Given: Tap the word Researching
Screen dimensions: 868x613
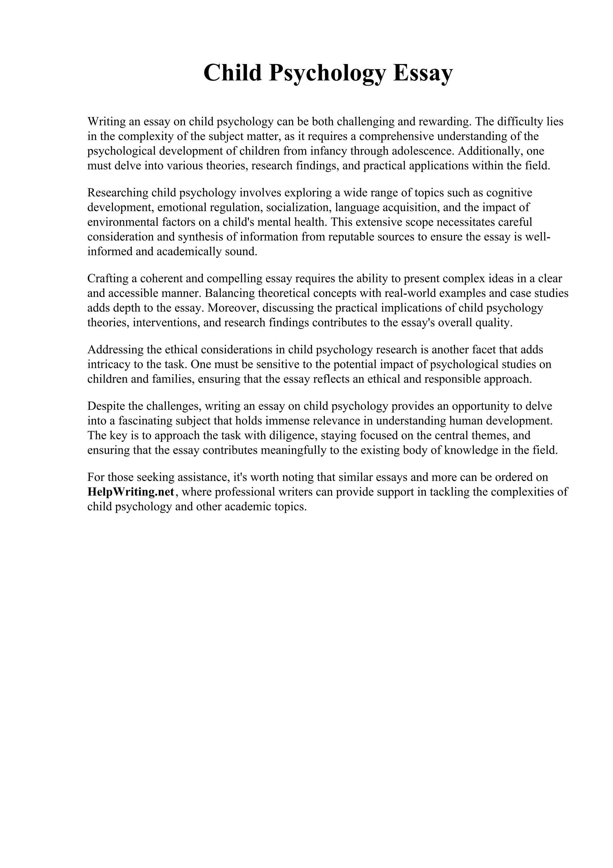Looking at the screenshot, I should tap(118, 193).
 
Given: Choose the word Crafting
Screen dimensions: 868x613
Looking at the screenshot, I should tap(108, 279).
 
